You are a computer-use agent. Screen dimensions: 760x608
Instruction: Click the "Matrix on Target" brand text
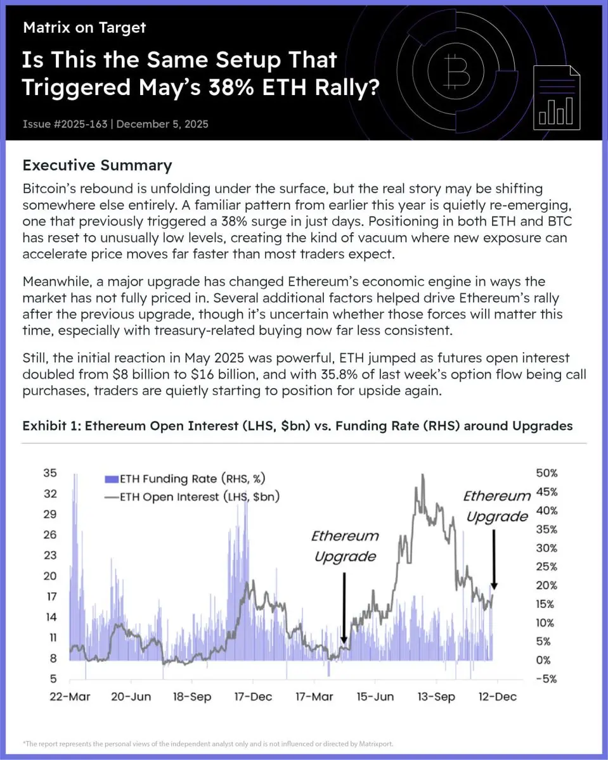(x=84, y=27)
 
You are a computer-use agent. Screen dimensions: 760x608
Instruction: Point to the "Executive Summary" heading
(x=97, y=166)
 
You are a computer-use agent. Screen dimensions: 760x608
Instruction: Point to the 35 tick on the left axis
(x=50, y=472)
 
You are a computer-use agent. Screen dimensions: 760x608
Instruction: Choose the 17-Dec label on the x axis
(x=252, y=697)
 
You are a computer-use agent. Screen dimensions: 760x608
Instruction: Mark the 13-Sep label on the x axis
(x=435, y=697)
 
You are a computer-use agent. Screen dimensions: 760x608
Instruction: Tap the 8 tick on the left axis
(x=53, y=659)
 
